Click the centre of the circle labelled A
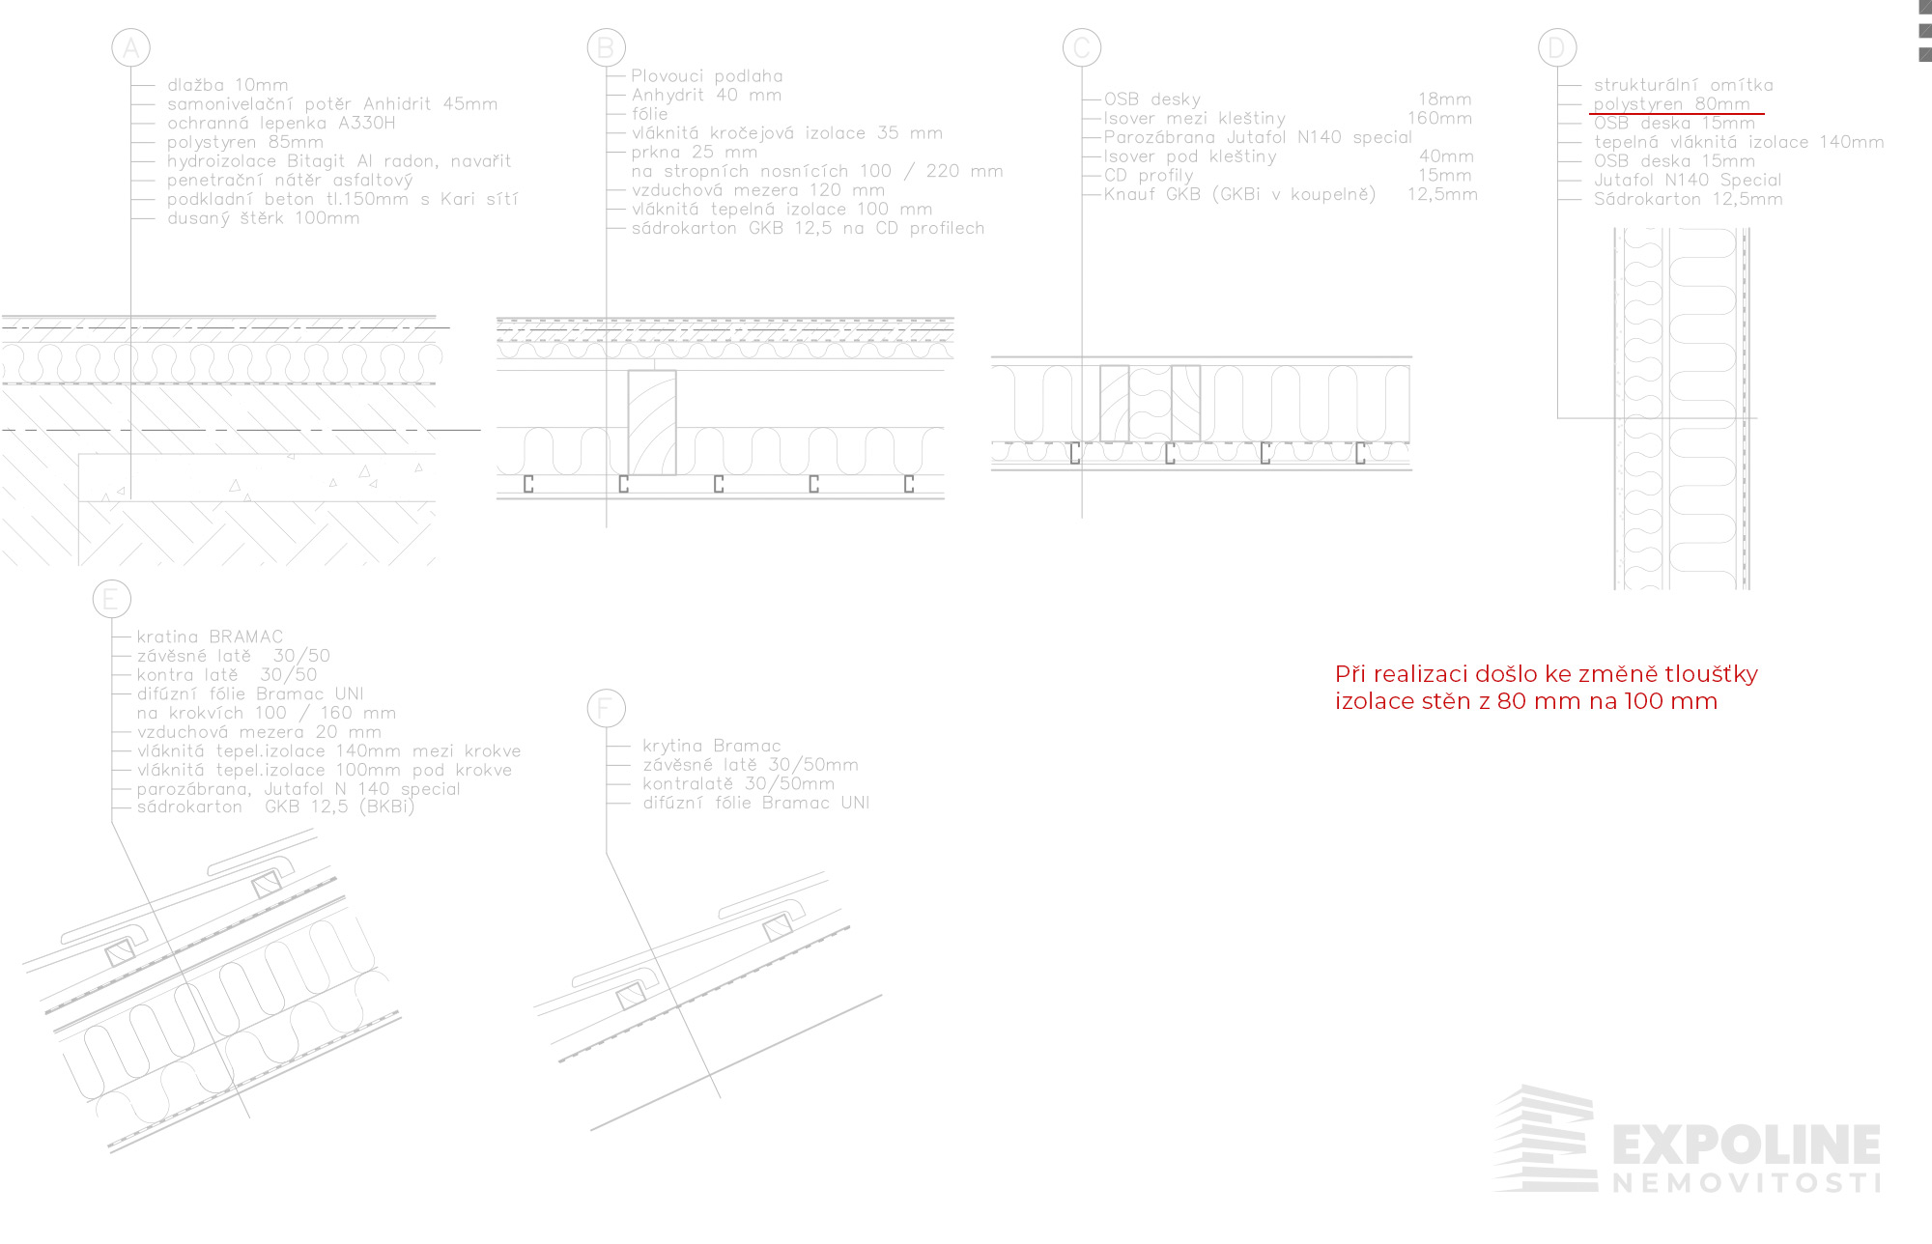(x=130, y=47)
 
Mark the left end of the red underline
(x=1589, y=114)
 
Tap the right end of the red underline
(x=1765, y=114)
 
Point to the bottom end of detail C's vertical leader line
(x=1082, y=518)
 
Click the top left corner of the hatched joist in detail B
(x=629, y=371)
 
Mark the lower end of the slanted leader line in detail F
(x=720, y=1098)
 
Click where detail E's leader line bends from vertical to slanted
(x=111, y=822)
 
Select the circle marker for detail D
(x=1557, y=47)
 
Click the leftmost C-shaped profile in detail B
(x=528, y=484)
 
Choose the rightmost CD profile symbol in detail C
(x=1360, y=453)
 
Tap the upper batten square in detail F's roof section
(x=778, y=928)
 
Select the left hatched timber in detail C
(x=1115, y=404)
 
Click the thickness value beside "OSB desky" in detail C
(x=1444, y=99)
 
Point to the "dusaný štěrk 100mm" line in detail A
(x=263, y=218)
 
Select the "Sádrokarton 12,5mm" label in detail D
(x=1688, y=199)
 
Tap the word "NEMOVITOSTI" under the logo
(x=1747, y=1183)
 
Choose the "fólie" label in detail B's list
(x=649, y=114)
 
